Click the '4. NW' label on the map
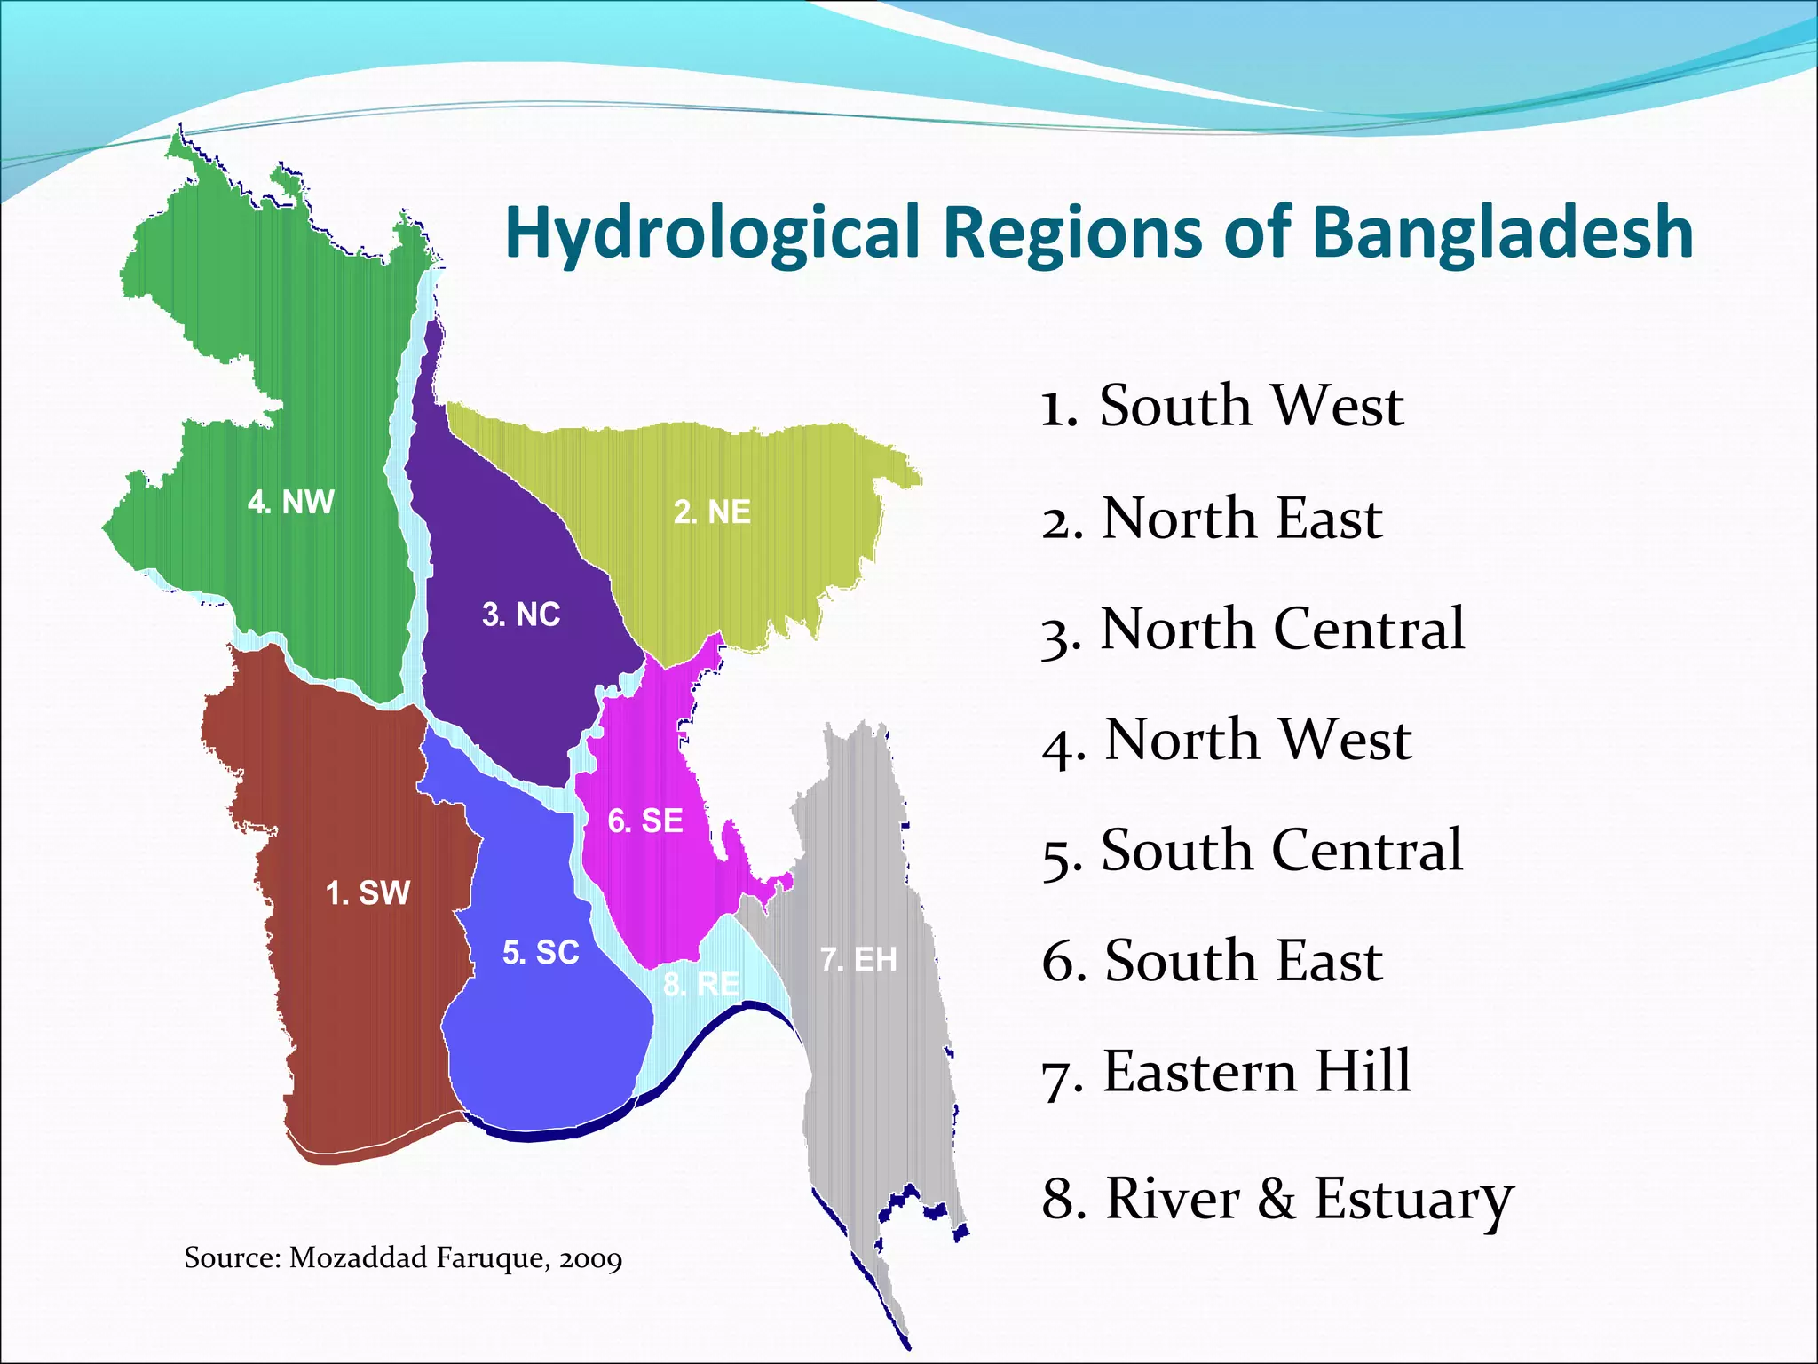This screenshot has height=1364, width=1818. click(x=290, y=503)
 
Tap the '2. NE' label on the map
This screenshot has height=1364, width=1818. click(x=712, y=512)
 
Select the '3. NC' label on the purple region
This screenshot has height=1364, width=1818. click(x=521, y=615)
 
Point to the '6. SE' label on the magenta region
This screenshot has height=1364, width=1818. click(x=645, y=821)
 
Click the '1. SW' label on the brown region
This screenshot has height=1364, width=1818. click(x=368, y=892)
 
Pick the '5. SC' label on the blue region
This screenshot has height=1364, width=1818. click(x=541, y=953)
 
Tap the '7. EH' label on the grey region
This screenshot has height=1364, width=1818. click(x=858, y=959)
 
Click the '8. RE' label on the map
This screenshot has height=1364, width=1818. click(x=701, y=984)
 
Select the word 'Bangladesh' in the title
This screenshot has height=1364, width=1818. click(x=1502, y=233)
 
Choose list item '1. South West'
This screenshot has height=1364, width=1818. click(x=1221, y=406)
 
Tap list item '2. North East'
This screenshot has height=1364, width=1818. click(x=1212, y=518)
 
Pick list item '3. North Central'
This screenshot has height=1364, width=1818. click(x=1253, y=630)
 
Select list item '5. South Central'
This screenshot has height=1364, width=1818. click(x=1252, y=851)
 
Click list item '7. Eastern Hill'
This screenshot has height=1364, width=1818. click(x=1226, y=1071)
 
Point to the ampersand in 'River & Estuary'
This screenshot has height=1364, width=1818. click(x=1277, y=1198)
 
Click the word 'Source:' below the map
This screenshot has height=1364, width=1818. click(x=233, y=1258)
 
